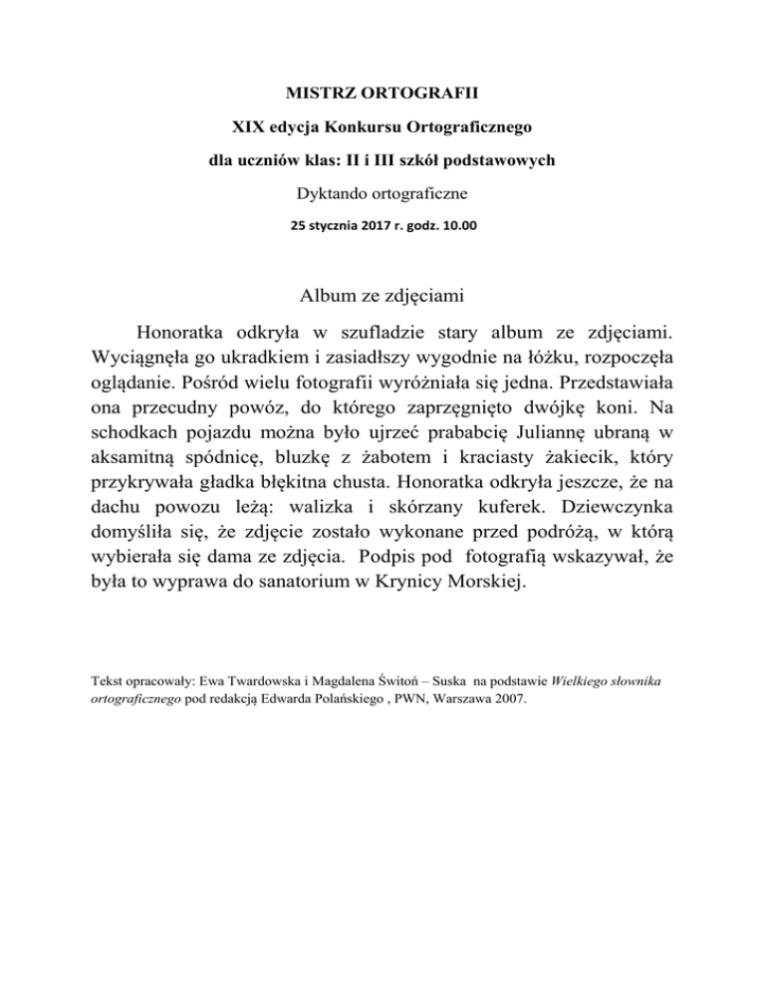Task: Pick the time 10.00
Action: click(458, 225)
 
